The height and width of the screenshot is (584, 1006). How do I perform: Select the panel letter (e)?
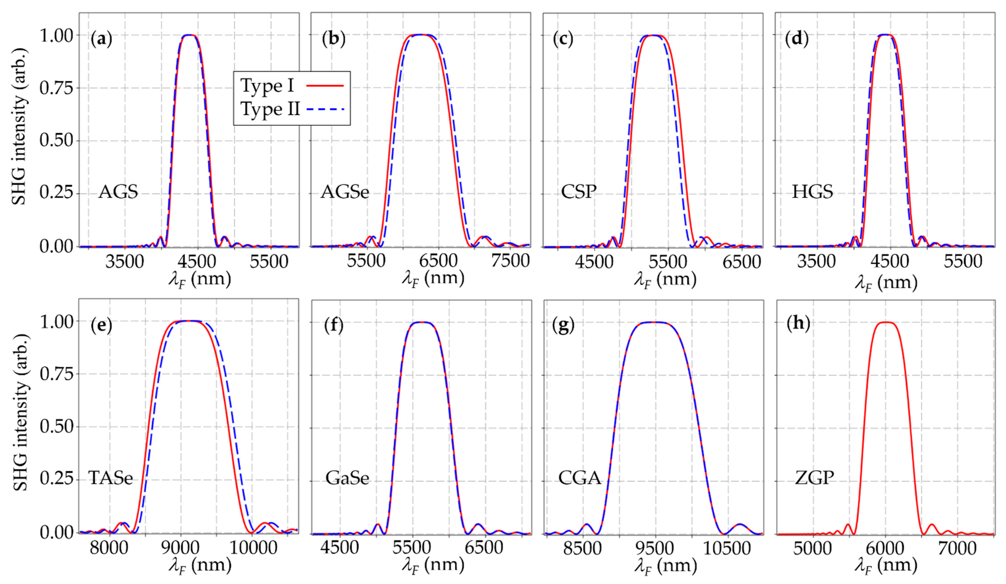tap(101, 325)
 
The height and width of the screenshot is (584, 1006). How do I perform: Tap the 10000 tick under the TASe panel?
tap(252, 548)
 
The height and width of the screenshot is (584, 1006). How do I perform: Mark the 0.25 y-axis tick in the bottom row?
tap(56, 479)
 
